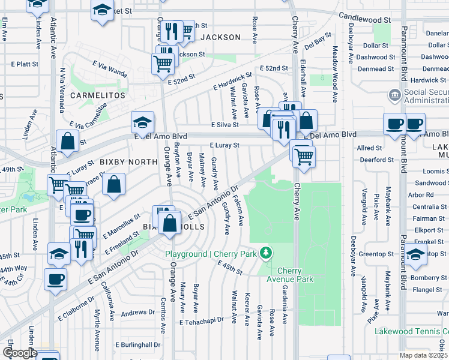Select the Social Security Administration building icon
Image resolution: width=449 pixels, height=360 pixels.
tap(394, 94)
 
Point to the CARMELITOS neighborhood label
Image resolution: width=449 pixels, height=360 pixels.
tap(97, 95)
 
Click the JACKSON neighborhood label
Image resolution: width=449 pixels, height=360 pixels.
tap(220, 37)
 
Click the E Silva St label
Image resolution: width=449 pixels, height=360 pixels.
tap(224, 125)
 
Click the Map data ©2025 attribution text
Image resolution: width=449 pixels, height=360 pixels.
tap(424, 355)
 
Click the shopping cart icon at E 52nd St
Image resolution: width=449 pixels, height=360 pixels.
tap(163, 62)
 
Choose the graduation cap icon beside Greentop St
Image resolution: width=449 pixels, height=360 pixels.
tap(415, 254)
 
